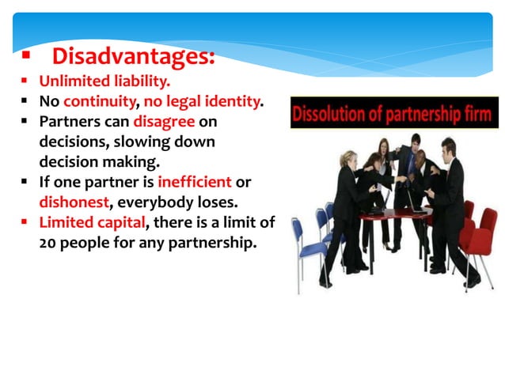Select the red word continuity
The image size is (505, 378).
click(x=99, y=102)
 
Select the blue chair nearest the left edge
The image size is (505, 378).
click(x=313, y=237)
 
